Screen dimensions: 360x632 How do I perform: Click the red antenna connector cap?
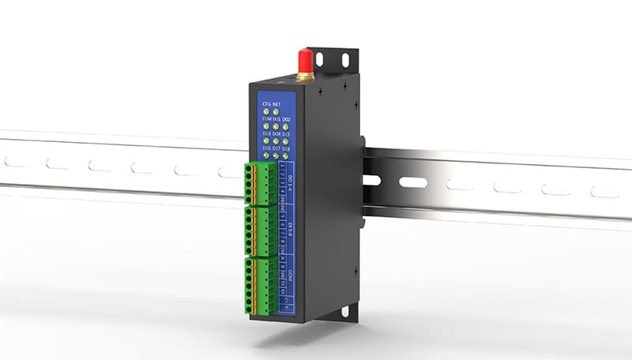(x=303, y=60)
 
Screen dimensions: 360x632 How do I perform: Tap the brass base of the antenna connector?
(x=303, y=76)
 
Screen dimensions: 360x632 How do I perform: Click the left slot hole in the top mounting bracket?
(x=320, y=59)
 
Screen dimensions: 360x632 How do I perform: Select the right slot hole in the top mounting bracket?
(x=345, y=60)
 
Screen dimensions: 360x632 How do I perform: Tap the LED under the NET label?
(x=276, y=112)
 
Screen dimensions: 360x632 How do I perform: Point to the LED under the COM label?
(x=266, y=126)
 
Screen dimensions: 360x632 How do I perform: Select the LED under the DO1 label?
(x=276, y=126)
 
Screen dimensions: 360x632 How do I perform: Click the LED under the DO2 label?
(x=286, y=127)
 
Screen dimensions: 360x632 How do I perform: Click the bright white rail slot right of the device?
(x=412, y=182)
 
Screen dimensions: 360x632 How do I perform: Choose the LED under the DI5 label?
(x=286, y=141)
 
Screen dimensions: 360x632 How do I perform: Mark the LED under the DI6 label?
(x=266, y=156)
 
